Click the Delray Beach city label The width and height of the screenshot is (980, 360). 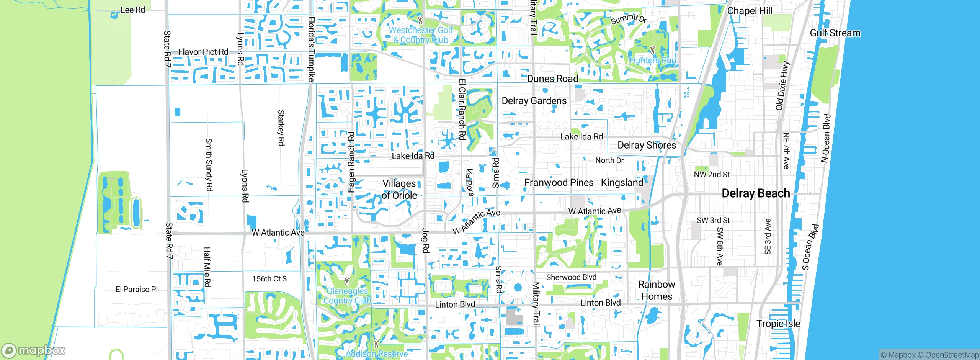(755, 193)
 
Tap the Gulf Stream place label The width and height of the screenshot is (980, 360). (835, 33)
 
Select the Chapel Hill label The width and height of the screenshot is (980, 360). (750, 11)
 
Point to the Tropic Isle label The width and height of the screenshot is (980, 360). (778, 324)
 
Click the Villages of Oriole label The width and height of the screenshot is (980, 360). (399, 189)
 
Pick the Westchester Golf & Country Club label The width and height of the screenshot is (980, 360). (421, 35)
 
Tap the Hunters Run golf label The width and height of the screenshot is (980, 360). (653, 60)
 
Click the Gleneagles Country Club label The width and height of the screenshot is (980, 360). (347, 296)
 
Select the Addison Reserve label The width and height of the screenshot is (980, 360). (377, 354)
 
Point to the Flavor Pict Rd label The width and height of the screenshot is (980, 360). (203, 52)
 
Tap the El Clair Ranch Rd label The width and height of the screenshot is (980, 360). (462, 110)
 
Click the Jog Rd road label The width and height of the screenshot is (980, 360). (425, 241)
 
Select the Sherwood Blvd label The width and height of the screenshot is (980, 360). (571, 277)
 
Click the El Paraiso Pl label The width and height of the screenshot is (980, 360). (137, 290)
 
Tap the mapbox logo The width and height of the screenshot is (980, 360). (34, 350)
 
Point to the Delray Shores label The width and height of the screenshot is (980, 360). (647, 145)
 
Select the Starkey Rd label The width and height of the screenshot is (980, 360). (281, 128)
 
